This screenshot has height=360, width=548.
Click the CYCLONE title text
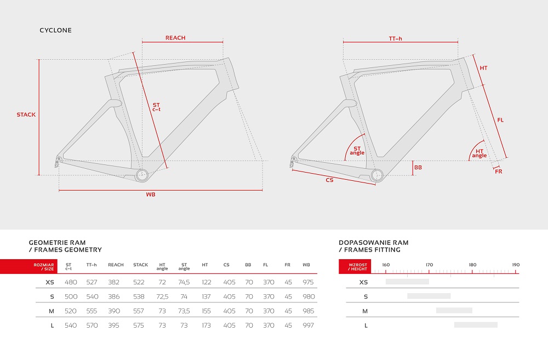pyautogui.click(x=55, y=30)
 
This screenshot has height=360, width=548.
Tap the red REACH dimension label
pyautogui.click(x=175, y=38)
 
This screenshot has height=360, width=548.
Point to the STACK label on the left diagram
pyautogui.click(x=26, y=115)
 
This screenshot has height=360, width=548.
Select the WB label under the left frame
pyautogui.click(x=151, y=195)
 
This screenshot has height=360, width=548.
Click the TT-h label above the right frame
pyautogui.click(x=395, y=38)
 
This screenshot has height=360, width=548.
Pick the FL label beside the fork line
pyautogui.click(x=500, y=120)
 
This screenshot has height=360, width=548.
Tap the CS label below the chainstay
pyautogui.click(x=329, y=180)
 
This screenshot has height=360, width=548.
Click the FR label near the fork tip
pyautogui.click(x=499, y=172)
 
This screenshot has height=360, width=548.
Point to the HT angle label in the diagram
pyautogui.click(x=480, y=153)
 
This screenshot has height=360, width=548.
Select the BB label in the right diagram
pyautogui.click(x=418, y=168)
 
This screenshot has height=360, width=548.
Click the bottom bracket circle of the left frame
pyautogui.click(x=142, y=175)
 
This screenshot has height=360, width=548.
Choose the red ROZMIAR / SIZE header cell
pyautogui.click(x=28, y=267)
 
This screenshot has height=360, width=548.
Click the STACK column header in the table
pyautogui.click(x=140, y=265)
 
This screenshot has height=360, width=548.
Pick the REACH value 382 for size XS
pyautogui.click(x=114, y=282)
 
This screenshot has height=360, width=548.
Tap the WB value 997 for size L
pyautogui.click(x=308, y=325)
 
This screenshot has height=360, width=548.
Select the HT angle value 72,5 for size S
pyautogui.click(x=162, y=297)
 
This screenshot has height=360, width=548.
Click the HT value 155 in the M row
pyautogui.click(x=206, y=311)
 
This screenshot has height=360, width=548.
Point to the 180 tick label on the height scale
pyautogui.click(x=472, y=265)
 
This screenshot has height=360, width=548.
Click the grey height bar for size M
pyautogui.click(x=454, y=310)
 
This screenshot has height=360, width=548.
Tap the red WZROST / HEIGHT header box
pyautogui.click(x=355, y=267)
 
